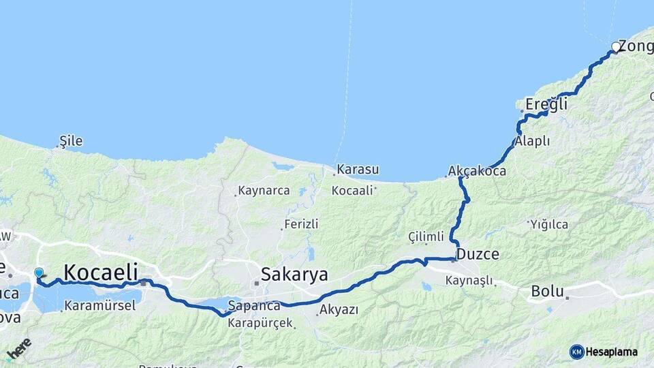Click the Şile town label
pyautogui.click(x=71, y=141)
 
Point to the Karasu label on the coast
pyautogui.click(x=358, y=169)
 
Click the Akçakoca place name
pyautogui.click(x=477, y=171)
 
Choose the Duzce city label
pyautogui.click(x=478, y=254)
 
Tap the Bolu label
pyautogui.click(x=547, y=291)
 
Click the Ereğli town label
pyautogui.click(x=545, y=105)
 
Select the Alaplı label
pyautogui.click(x=533, y=141)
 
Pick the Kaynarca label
pyautogui.click(x=264, y=191)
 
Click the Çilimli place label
pyautogui.click(x=426, y=236)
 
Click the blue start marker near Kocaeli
pyautogui.click(x=39, y=273)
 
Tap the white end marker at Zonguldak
pyautogui.click(x=616, y=47)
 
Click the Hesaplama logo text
pyautogui.click(x=611, y=352)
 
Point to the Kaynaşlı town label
pyautogui.click(x=470, y=280)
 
